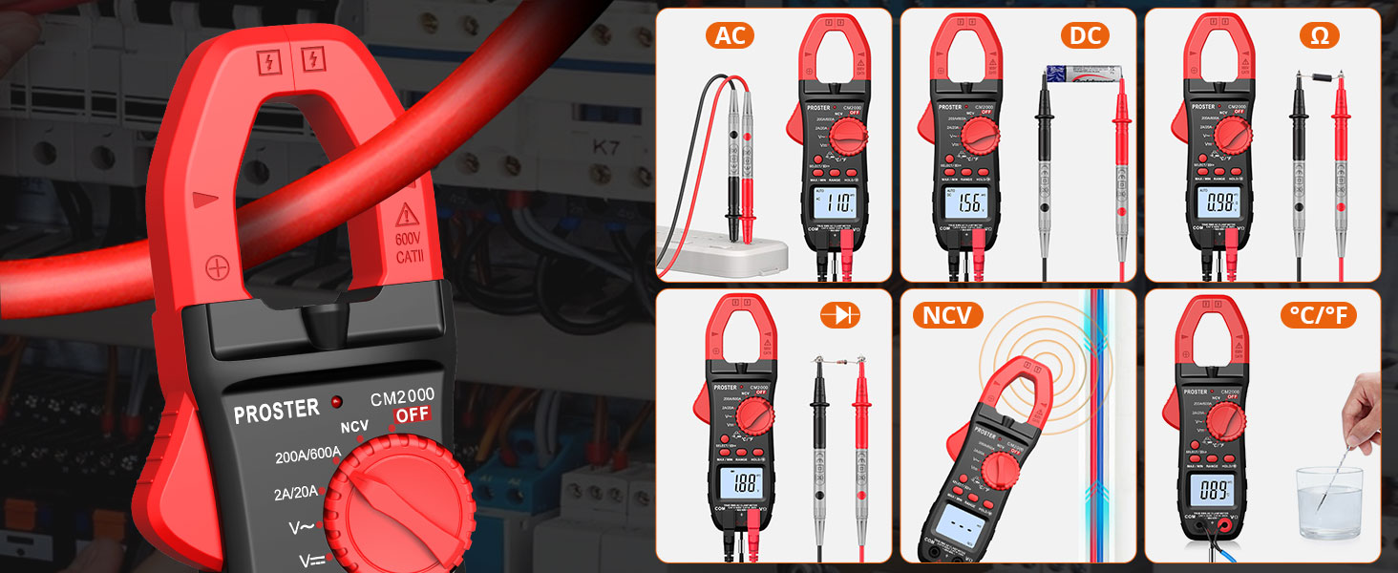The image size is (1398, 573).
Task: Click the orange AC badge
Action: [731, 36]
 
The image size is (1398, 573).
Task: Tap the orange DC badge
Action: [1086, 36]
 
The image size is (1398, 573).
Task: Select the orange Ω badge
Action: [1320, 36]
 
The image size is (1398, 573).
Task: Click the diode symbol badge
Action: [841, 315]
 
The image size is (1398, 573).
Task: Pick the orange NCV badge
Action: [947, 315]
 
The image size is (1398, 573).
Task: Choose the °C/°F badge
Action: [1322, 315]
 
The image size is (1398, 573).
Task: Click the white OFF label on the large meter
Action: [413, 414]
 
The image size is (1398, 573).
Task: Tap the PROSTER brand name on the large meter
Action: [277, 412]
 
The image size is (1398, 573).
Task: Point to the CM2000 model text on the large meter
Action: [402, 395]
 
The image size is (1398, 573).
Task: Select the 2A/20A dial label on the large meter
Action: [295, 494]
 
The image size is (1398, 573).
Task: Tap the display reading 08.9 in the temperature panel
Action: [1215, 492]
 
